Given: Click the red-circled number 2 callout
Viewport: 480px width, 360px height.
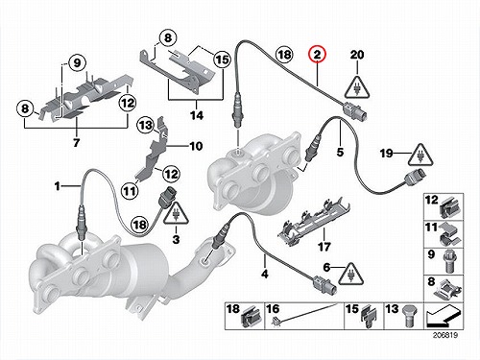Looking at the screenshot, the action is [x=317, y=54].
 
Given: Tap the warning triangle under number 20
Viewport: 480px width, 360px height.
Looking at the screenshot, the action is [x=357, y=87].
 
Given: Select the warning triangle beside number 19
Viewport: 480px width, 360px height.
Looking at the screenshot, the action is [x=420, y=155].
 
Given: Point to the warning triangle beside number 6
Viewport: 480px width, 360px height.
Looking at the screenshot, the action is [x=351, y=274].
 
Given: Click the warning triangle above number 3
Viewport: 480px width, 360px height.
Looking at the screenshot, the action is [x=176, y=213].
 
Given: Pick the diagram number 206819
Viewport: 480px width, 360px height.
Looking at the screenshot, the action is [x=445, y=335].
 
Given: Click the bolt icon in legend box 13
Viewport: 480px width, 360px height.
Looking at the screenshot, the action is [x=410, y=316].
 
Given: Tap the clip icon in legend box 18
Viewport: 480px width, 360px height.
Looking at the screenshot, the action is [x=251, y=317].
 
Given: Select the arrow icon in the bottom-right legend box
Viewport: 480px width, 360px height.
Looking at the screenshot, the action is [x=444, y=316].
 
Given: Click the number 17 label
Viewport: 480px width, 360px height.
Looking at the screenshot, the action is [x=324, y=247].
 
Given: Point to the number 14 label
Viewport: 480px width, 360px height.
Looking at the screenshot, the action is [x=197, y=115].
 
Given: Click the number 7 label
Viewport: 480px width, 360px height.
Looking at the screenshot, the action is [x=76, y=142].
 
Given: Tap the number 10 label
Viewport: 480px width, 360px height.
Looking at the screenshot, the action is [x=196, y=146].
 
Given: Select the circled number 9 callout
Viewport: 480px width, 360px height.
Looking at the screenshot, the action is [x=77, y=62].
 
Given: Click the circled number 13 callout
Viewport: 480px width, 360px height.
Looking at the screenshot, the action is [x=146, y=125].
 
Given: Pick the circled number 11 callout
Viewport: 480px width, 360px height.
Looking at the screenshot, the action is [x=130, y=191].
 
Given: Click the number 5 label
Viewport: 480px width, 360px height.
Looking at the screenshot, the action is [x=340, y=152].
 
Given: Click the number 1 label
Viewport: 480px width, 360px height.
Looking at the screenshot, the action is [x=58, y=186].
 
